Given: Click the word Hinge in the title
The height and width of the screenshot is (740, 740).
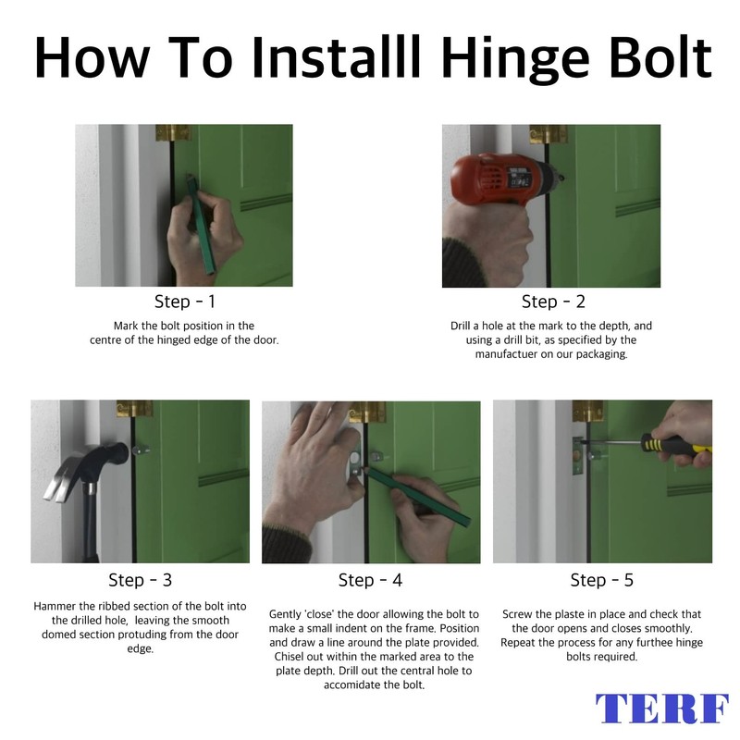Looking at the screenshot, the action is (x=515, y=60).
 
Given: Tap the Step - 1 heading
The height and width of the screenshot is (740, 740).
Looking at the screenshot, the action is (x=184, y=302).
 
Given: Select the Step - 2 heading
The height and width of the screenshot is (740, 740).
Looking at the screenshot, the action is (x=553, y=302).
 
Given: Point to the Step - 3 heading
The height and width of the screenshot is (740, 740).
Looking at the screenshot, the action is (x=141, y=580).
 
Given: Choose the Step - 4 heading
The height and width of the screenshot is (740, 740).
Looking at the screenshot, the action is (x=370, y=580).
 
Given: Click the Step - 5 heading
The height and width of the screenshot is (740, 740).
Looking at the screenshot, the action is (x=602, y=580).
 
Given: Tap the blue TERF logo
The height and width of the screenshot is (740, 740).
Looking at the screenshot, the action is (x=661, y=708).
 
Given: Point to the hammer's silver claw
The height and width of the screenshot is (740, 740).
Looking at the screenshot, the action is (x=60, y=480).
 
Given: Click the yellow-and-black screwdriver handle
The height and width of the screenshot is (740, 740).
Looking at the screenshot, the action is (x=675, y=447).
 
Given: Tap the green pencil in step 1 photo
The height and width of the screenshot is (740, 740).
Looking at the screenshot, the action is (x=201, y=224).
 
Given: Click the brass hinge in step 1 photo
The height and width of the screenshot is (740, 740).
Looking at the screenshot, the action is (x=174, y=132).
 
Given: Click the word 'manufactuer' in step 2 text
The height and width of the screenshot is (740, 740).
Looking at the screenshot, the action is (x=506, y=354).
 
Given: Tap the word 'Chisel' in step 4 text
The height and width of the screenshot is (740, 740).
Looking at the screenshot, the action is (x=289, y=657).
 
